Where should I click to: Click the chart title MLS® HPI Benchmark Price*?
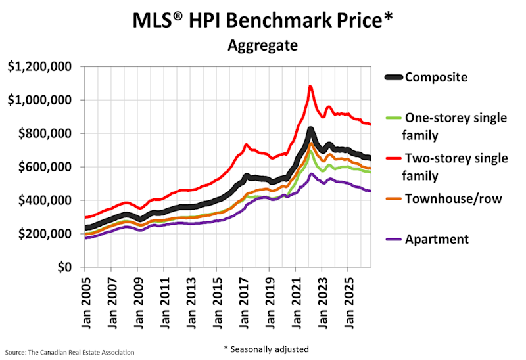pyautogui.click(x=262, y=20)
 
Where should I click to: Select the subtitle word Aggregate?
pyautogui.click(x=262, y=45)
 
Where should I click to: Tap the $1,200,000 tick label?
pyautogui.click(x=39, y=66)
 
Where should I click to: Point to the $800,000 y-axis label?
pyautogui.click(x=45, y=133)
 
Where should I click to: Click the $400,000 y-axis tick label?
pyautogui.click(x=45, y=200)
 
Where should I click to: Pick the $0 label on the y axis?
pyautogui.click(x=64, y=267)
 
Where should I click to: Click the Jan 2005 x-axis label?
pyautogui.click(x=86, y=303)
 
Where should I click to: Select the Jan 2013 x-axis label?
pyautogui.click(x=191, y=303)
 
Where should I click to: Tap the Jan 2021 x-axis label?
pyautogui.click(x=297, y=303)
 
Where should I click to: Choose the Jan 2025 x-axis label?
pyautogui.click(x=348, y=303)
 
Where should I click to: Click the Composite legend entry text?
pyautogui.click(x=436, y=77)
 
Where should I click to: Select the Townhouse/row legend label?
pyautogui.click(x=454, y=199)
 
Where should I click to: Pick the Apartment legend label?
pyautogui.click(x=437, y=239)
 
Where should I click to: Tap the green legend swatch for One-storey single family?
pyautogui.click(x=393, y=118)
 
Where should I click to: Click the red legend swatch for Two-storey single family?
pyautogui.click(x=393, y=158)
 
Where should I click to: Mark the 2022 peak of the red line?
pyautogui.click(x=310, y=87)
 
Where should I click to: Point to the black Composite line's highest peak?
pyautogui.click(x=310, y=129)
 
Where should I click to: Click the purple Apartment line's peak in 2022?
pyautogui.click(x=311, y=173)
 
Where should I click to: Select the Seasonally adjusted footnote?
pyautogui.click(x=266, y=349)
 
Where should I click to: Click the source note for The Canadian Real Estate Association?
pyautogui.click(x=70, y=353)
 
